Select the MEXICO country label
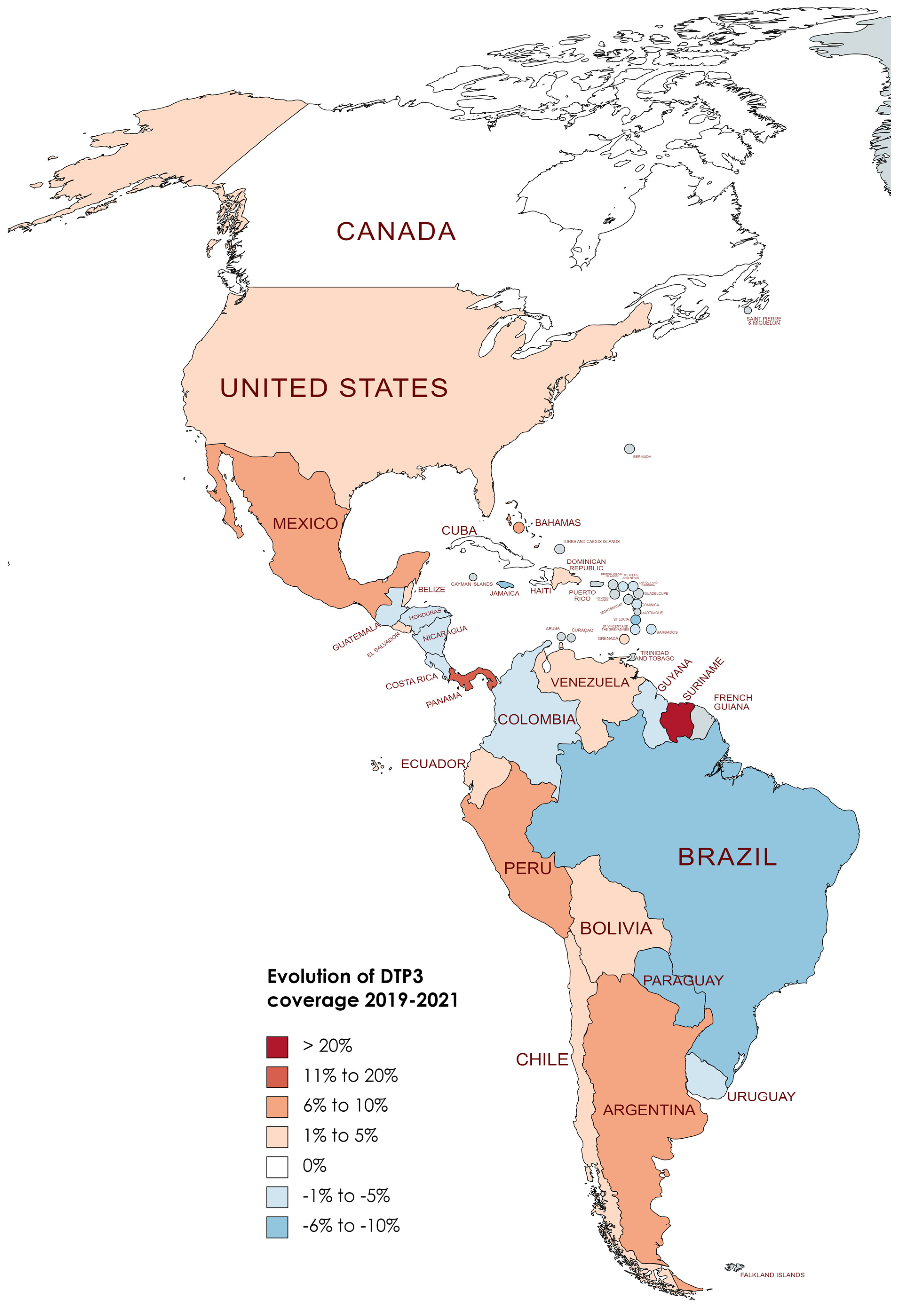point(305,524)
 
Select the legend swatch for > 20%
point(277,1047)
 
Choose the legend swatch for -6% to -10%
point(277,1227)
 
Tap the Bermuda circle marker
point(629,449)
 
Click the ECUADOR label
point(432,764)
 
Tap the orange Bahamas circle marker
point(518,528)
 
